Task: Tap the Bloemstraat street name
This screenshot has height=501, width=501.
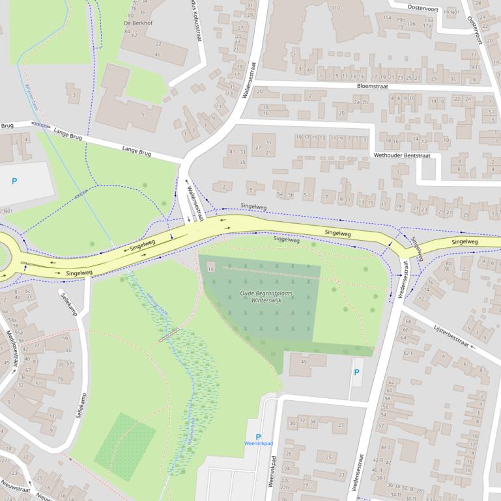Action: click(x=372, y=85)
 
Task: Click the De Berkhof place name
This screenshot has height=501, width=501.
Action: click(x=137, y=22)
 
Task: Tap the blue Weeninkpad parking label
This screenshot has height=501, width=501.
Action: click(x=258, y=446)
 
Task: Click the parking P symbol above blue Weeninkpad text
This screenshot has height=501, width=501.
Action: click(x=258, y=437)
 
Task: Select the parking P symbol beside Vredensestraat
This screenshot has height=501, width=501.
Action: click(x=356, y=372)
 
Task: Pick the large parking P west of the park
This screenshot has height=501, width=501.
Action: click(x=14, y=182)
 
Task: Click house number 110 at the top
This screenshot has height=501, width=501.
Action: click(x=335, y=8)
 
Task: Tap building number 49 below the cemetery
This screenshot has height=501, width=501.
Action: click(x=304, y=362)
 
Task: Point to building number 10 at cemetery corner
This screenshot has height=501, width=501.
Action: click(x=210, y=269)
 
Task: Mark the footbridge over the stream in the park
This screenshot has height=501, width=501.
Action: click(x=169, y=334)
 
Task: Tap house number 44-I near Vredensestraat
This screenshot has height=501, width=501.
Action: click(x=385, y=448)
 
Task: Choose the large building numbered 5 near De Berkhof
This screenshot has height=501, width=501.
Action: click(x=143, y=115)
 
